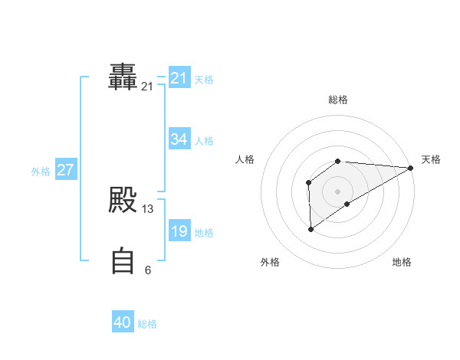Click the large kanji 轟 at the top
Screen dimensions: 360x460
pos(123,77)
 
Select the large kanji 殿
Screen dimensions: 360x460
pos(123,200)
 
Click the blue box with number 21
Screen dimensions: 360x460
pos(179,78)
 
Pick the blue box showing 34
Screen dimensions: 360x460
pos(179,139)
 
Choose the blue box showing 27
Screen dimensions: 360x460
pos(66,170)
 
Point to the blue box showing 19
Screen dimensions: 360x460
pos(179,231)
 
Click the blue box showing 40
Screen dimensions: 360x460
pos(123,323)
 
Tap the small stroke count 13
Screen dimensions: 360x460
pos(148,209)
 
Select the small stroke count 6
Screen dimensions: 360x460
pos(148,270)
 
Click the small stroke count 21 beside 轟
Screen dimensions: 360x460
pos(147,87)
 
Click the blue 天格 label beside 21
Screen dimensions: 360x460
pos(204,79)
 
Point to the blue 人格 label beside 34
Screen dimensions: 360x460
pos(204,140)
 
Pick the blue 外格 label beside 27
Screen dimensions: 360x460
pos(41,172)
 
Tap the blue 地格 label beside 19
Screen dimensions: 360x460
pos(204,233)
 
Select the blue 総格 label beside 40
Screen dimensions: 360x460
pos(147,325)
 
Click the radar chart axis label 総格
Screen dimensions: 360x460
pos(338,100)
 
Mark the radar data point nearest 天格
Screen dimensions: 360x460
pos(410,169)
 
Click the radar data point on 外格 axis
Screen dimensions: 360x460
pos(310,228)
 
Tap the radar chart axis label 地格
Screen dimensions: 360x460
pos(402,263)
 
